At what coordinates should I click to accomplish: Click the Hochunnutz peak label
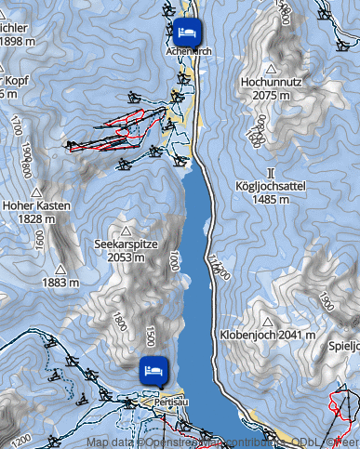point(270,83)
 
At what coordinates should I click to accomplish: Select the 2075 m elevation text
point(270,95)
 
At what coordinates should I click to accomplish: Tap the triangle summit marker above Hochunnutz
point(271,69)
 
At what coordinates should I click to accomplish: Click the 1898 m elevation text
point(17,41)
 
